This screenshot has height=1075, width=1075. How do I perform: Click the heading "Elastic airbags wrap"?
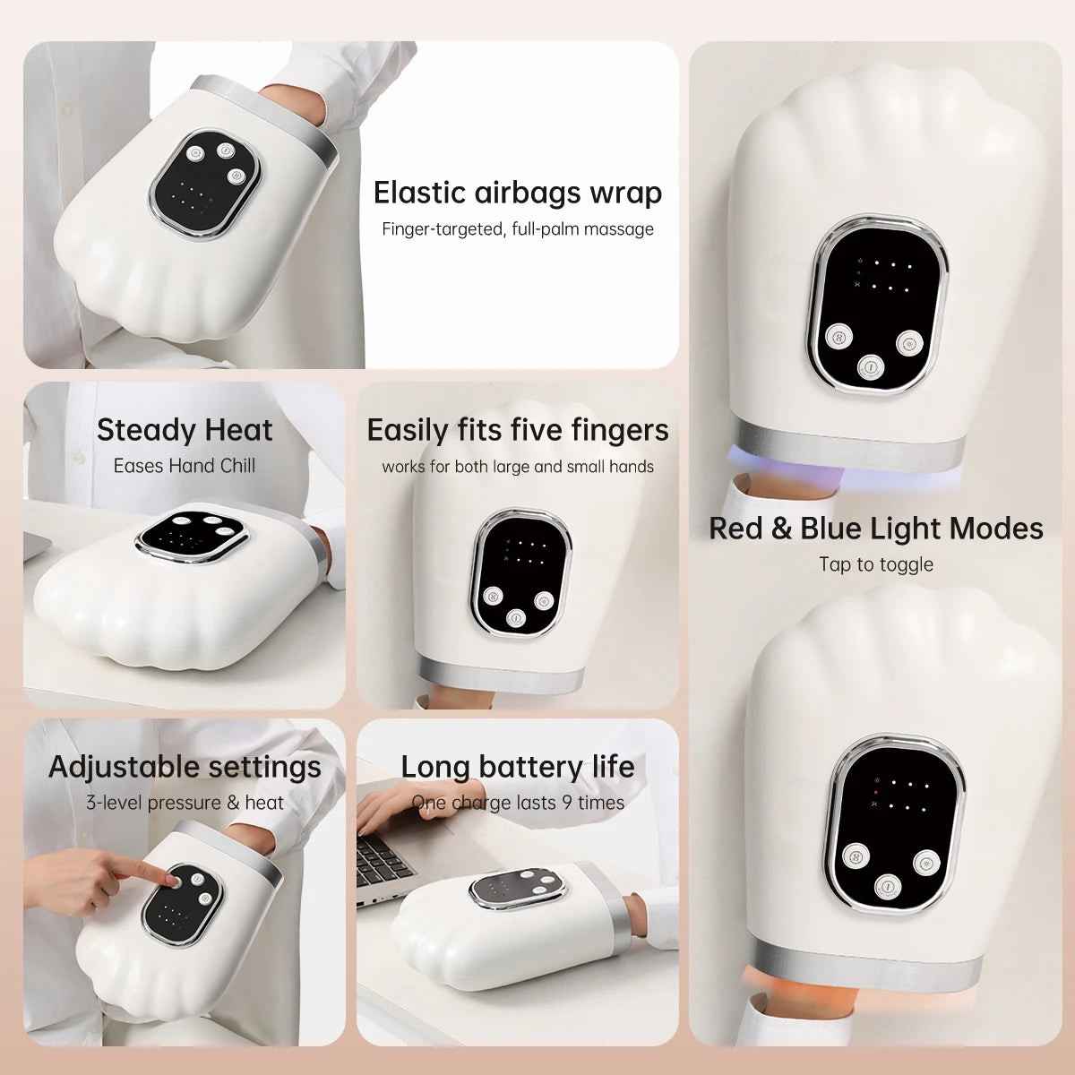518,193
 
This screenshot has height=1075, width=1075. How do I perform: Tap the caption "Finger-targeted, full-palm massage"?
518,229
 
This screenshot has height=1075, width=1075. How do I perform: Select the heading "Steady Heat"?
185,430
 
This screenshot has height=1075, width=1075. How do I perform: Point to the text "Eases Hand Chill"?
185,466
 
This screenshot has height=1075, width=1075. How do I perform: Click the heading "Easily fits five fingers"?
518,431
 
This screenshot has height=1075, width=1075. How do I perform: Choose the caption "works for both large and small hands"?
518,467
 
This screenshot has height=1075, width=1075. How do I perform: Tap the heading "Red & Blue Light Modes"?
876,529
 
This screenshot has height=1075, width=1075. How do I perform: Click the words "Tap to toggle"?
876,564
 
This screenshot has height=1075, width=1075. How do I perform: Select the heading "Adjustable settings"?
185,767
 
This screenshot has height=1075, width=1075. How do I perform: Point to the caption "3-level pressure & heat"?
185,803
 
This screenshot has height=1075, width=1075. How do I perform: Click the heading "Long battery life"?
518,767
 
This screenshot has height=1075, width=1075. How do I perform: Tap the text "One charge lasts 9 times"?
518,803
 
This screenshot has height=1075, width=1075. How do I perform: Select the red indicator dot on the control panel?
876,793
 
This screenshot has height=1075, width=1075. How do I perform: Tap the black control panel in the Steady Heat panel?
192,536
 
